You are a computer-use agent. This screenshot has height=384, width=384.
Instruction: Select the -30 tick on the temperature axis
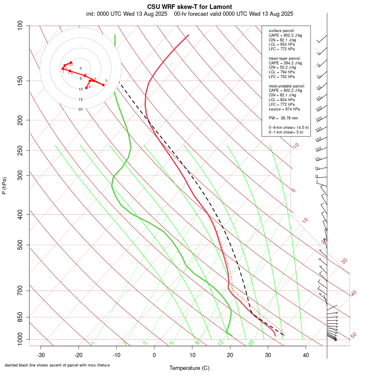(41, 355)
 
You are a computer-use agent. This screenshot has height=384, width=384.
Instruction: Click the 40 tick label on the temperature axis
(305, 355)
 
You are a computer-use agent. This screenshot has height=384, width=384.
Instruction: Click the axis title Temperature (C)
(189, 368)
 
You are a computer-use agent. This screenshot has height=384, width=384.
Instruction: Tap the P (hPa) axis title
(4, 186)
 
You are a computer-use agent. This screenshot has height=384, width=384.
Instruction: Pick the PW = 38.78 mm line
(283, 118)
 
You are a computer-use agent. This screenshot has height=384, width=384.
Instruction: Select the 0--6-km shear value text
(286, 128)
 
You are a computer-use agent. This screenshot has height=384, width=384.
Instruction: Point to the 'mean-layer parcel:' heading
(285, 58)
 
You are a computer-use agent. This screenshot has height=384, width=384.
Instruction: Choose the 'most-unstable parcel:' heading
(287, 86)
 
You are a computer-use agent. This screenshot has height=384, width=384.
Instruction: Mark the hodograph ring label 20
(80, 109)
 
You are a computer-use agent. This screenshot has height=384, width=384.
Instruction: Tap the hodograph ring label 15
(80, 99)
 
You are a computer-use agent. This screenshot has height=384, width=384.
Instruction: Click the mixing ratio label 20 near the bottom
(251, 342)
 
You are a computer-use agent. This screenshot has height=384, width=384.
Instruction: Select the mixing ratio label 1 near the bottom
(92, 343)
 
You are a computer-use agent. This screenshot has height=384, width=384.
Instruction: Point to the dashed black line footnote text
(57, 365)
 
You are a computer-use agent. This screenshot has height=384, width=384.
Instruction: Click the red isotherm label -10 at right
(295, 146)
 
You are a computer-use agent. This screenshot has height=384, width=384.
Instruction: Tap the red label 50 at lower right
(353, 335)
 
